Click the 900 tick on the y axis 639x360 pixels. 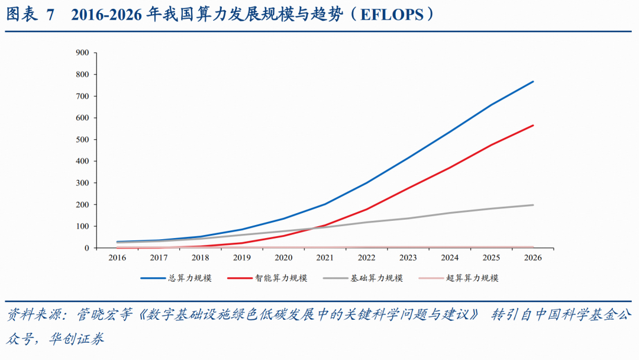coord(82,53)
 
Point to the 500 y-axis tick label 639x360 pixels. coord(82,140)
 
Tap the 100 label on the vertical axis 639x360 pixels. coord(82,226)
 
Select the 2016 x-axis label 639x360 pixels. coord(117,258)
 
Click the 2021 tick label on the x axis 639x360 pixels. coord(325,258)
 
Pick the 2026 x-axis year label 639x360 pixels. coord(532,258)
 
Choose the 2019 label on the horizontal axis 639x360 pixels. coord(242,258)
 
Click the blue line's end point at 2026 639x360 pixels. coord(533,81)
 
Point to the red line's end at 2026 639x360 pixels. coord(533,125)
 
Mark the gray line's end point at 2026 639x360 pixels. coord(533,205)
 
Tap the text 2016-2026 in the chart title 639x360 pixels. coord(106,15)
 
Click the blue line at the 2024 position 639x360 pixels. coord(450,132)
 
